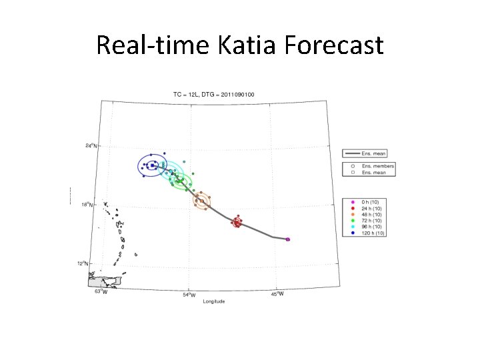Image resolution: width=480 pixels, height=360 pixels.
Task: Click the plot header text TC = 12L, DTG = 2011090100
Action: pos(213,95)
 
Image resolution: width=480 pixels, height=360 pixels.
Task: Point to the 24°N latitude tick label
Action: pos(91,145)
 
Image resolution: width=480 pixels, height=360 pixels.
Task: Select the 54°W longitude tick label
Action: pos(189,294)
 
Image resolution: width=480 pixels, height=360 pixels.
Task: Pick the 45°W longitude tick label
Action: pos(276,293)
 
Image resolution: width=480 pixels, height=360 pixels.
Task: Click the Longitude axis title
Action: pos(214,301)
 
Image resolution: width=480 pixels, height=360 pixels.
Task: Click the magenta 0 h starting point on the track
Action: pos(287,239)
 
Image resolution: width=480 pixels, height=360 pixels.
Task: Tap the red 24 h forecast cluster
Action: pos(237,222)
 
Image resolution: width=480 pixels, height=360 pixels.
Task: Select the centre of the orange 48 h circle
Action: pos(202,199)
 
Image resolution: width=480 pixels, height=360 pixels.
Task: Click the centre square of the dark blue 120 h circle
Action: pos(152,165)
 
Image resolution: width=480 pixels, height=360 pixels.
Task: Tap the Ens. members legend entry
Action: pos(378,166)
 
